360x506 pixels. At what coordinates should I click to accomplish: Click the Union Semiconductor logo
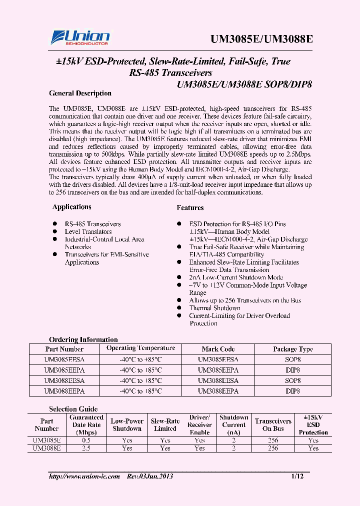point(80,37)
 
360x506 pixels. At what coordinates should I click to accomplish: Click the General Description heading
point(80,93)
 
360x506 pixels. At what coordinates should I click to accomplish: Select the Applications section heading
point(72,207)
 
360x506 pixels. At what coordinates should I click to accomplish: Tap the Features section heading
point(190,207)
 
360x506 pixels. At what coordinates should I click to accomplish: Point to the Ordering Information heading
point(83,339)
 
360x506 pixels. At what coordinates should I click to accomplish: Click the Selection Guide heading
point(73,409)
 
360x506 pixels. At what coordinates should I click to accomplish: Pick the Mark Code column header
point(218,349)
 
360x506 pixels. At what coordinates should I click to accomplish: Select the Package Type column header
point(292,349)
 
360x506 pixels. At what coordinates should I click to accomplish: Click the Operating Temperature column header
point(140,348)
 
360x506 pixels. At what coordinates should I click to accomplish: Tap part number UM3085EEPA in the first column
point(64,370)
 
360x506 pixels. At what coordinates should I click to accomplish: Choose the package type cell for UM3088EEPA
point(292,391)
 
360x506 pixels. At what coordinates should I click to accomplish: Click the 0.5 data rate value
point(86,440)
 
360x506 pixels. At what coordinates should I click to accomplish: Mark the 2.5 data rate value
point(86,448)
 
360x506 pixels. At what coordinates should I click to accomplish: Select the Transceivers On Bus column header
point(273,425)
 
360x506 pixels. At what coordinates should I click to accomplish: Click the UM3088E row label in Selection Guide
point(47,448)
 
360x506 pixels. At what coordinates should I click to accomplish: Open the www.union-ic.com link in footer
point(84,476)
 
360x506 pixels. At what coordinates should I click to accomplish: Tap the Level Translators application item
point(88,231)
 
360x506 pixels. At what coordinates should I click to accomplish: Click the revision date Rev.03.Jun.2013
point(149,476)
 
